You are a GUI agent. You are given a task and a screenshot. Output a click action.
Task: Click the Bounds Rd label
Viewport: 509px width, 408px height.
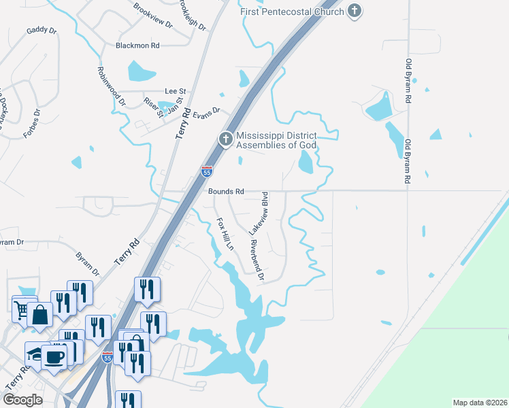226,192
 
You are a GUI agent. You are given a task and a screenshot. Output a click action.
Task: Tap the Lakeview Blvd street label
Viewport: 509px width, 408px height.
265,214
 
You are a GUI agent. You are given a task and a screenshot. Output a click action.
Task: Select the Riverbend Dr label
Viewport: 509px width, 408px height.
257,260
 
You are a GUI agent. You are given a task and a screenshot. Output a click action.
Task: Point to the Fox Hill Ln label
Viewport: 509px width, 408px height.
225,233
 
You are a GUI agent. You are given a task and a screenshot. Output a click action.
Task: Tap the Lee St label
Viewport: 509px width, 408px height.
176,91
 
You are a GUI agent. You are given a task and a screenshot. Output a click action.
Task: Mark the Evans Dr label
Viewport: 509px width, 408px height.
207,111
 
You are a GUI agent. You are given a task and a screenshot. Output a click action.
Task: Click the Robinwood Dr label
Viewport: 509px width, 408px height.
112,87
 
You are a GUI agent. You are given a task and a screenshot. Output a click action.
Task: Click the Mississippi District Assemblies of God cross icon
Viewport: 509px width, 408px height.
225,139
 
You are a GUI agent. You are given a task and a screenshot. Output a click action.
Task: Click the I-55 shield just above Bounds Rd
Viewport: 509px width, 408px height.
207,171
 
